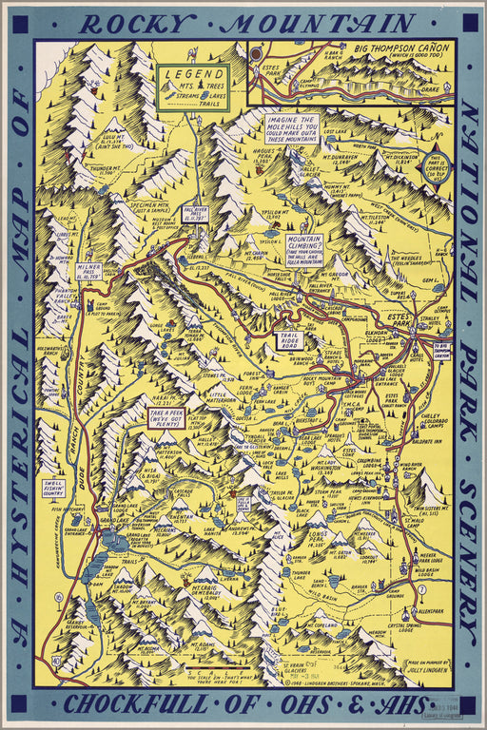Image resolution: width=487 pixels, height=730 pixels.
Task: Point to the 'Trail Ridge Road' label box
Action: tap(288, 339)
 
